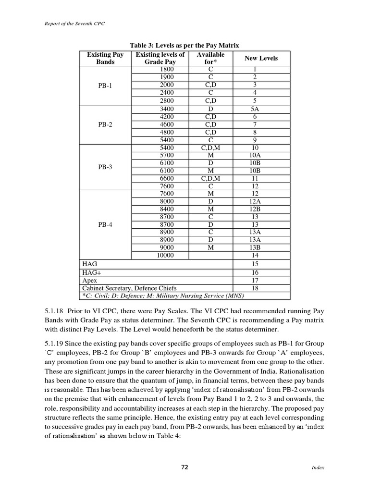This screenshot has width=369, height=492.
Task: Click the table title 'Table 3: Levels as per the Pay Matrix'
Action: [184, 45]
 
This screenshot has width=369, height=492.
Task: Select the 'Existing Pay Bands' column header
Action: [105, 59]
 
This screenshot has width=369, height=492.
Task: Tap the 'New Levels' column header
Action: [261, 58]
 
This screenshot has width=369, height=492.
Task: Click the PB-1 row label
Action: [105, 85]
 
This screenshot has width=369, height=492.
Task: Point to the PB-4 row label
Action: [105, 224]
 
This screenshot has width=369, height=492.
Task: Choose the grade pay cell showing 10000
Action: [165, 255]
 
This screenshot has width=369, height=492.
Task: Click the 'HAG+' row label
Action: [90, 272]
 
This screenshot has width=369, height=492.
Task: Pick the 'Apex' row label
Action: [90, 280]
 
